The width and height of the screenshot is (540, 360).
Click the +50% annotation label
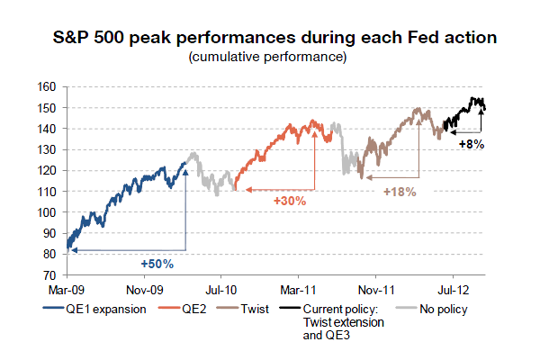[157, 264]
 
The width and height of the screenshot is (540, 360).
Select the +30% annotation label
[290, 202]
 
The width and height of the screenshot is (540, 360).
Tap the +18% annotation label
[400, 192]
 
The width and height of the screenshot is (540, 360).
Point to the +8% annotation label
[472, 144]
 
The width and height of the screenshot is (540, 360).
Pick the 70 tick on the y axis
[53, 274]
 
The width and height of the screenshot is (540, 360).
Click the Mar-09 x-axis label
[67, 290]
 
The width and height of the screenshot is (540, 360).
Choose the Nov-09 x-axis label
[144, 290]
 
